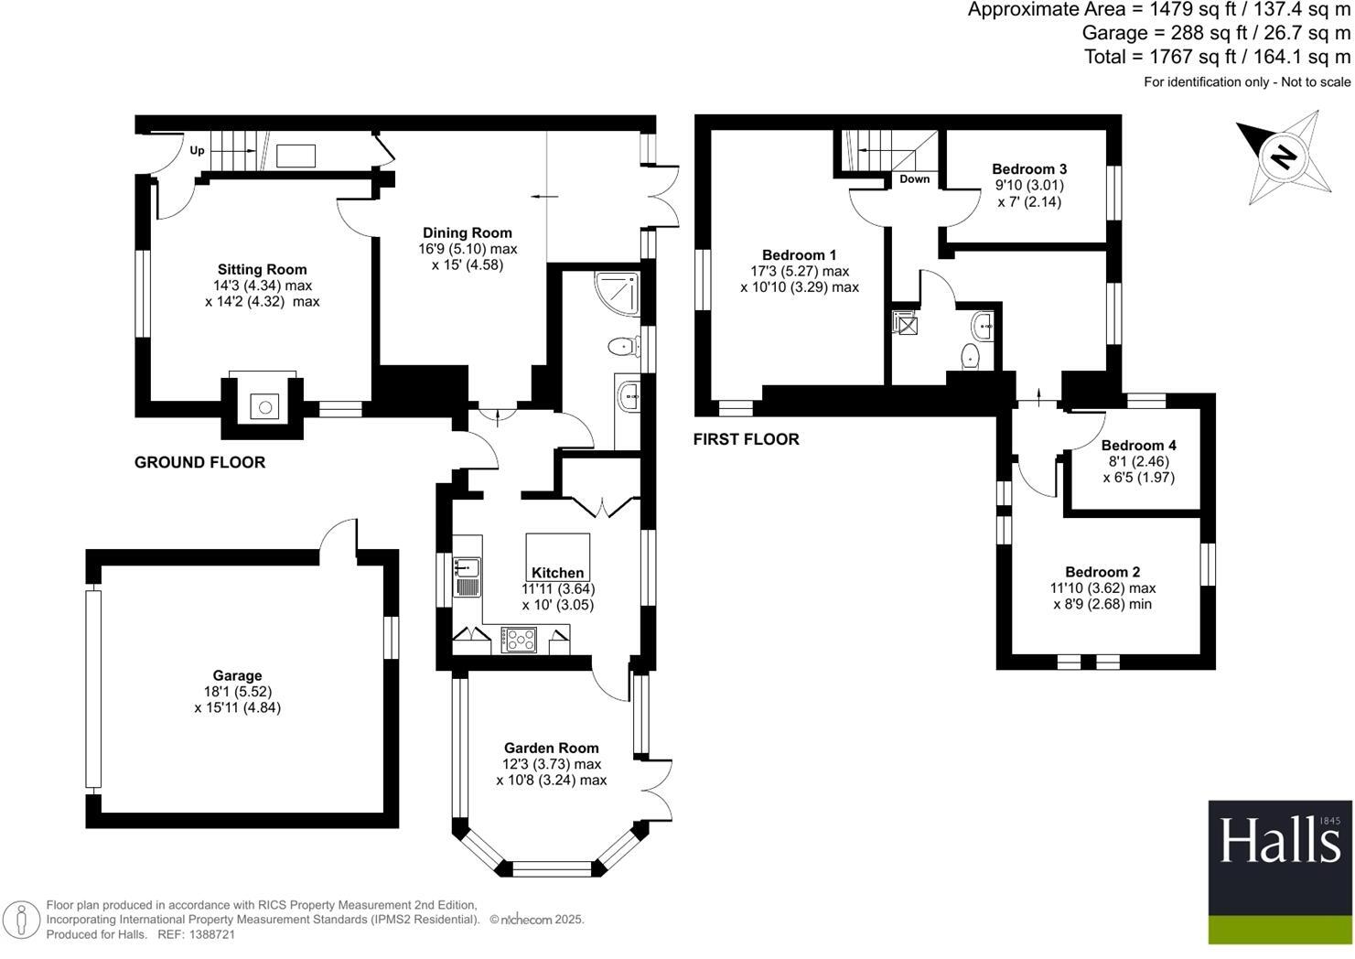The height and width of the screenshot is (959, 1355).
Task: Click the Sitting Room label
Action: (x=262, y=270)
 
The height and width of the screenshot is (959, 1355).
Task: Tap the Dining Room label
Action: (x=467, y=233)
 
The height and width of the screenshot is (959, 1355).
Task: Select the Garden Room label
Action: (x=551, y=749)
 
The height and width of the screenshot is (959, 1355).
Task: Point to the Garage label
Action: (x=238, y=676)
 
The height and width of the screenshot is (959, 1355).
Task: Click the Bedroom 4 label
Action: (x=1138, y=446)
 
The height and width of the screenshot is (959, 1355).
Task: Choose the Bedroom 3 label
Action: (x=1029, y=169)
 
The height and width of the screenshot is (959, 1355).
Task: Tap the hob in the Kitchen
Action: (x=518, y=639)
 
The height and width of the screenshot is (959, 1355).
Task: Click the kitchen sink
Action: (x=468, y=576)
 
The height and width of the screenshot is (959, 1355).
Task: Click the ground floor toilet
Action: (x=621, y=346)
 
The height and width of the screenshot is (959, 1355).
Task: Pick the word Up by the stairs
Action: (x=197, y=151)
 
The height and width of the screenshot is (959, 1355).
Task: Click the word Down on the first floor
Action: (x=914, y=179)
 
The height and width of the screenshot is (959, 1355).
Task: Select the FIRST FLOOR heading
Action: (x=746, y=439)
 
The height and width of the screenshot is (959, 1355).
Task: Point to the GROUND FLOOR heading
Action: (x=199, y=462)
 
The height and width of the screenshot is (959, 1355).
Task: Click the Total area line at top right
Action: (x=1217, y=57)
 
